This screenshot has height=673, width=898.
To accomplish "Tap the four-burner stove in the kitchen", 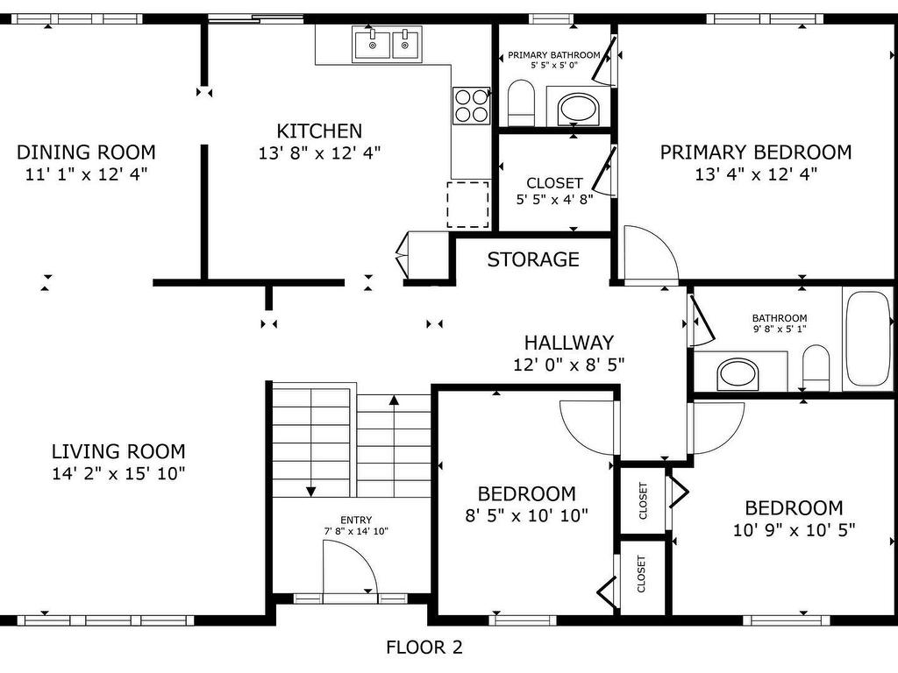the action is click(471, 106).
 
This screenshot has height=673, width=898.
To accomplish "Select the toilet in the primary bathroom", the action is click(521, 103).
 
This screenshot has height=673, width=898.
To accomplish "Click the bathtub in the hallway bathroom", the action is click(867, 338).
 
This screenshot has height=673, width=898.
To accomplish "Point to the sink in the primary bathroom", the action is click(579, 108).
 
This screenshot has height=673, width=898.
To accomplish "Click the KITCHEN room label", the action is click(319, 131).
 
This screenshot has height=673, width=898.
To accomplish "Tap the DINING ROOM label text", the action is click(86, 152).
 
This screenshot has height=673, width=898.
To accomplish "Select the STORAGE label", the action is click(533, 259).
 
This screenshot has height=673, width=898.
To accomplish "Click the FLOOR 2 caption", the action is click(424, 648).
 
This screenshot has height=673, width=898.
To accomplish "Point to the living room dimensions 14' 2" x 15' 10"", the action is click(118, 474).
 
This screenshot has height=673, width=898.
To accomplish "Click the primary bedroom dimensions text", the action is click(756, 174).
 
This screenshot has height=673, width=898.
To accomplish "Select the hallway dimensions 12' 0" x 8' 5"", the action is click(568, 364).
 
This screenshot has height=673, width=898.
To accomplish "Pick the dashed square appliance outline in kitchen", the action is click(468, 205).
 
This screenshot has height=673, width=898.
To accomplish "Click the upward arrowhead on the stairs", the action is click(394, 400).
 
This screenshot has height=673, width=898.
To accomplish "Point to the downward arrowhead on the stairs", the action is click(311, 492).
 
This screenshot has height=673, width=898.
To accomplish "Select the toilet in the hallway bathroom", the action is click(816, 368).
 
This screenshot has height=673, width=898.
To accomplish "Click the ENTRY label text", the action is click(356, 520).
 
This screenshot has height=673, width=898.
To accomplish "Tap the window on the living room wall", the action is click(106, 620).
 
